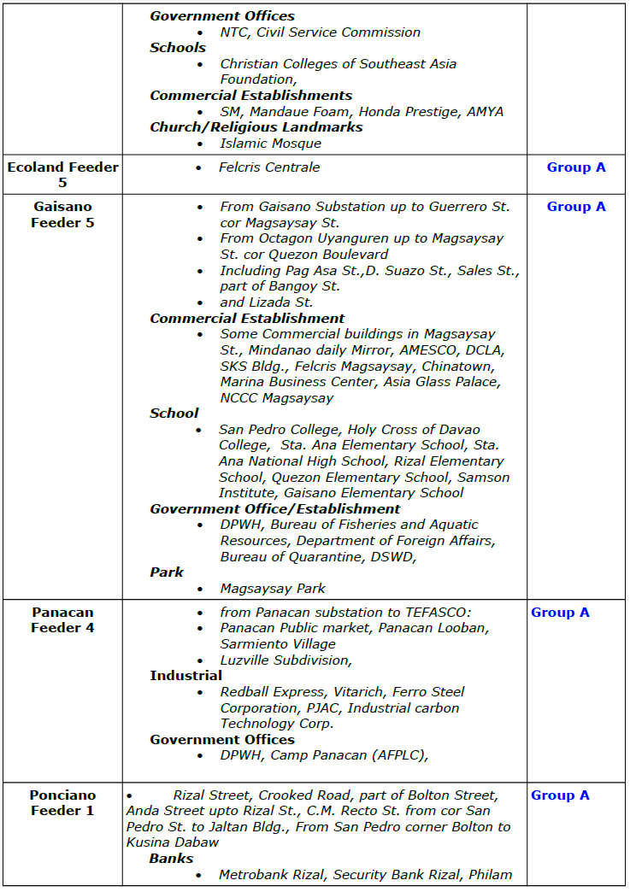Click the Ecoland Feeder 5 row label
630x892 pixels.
tap(62, 174)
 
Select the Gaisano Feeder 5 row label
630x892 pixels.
tap(62, 214)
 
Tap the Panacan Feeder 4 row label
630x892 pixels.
tap(62, 620)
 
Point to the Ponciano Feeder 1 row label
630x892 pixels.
tap(62, 802)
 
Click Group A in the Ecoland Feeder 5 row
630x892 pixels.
tap(576, 167)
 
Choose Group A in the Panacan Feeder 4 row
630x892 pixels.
tap(560, 613)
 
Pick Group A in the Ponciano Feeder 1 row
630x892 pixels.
tap(560, 795)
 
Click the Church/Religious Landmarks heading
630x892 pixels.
tap(256, 127)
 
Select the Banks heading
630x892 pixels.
tap(171, 859)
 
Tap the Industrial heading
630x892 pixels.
tap(186, 676)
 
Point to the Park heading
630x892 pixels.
tap(167, 572)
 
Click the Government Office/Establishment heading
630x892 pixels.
tap(275, 509)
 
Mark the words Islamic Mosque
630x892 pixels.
tap(270, 144)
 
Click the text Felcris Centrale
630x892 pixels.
tap(269, 167)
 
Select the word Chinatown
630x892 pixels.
tap(468, 366)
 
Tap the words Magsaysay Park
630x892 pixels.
tap(273, 589)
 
